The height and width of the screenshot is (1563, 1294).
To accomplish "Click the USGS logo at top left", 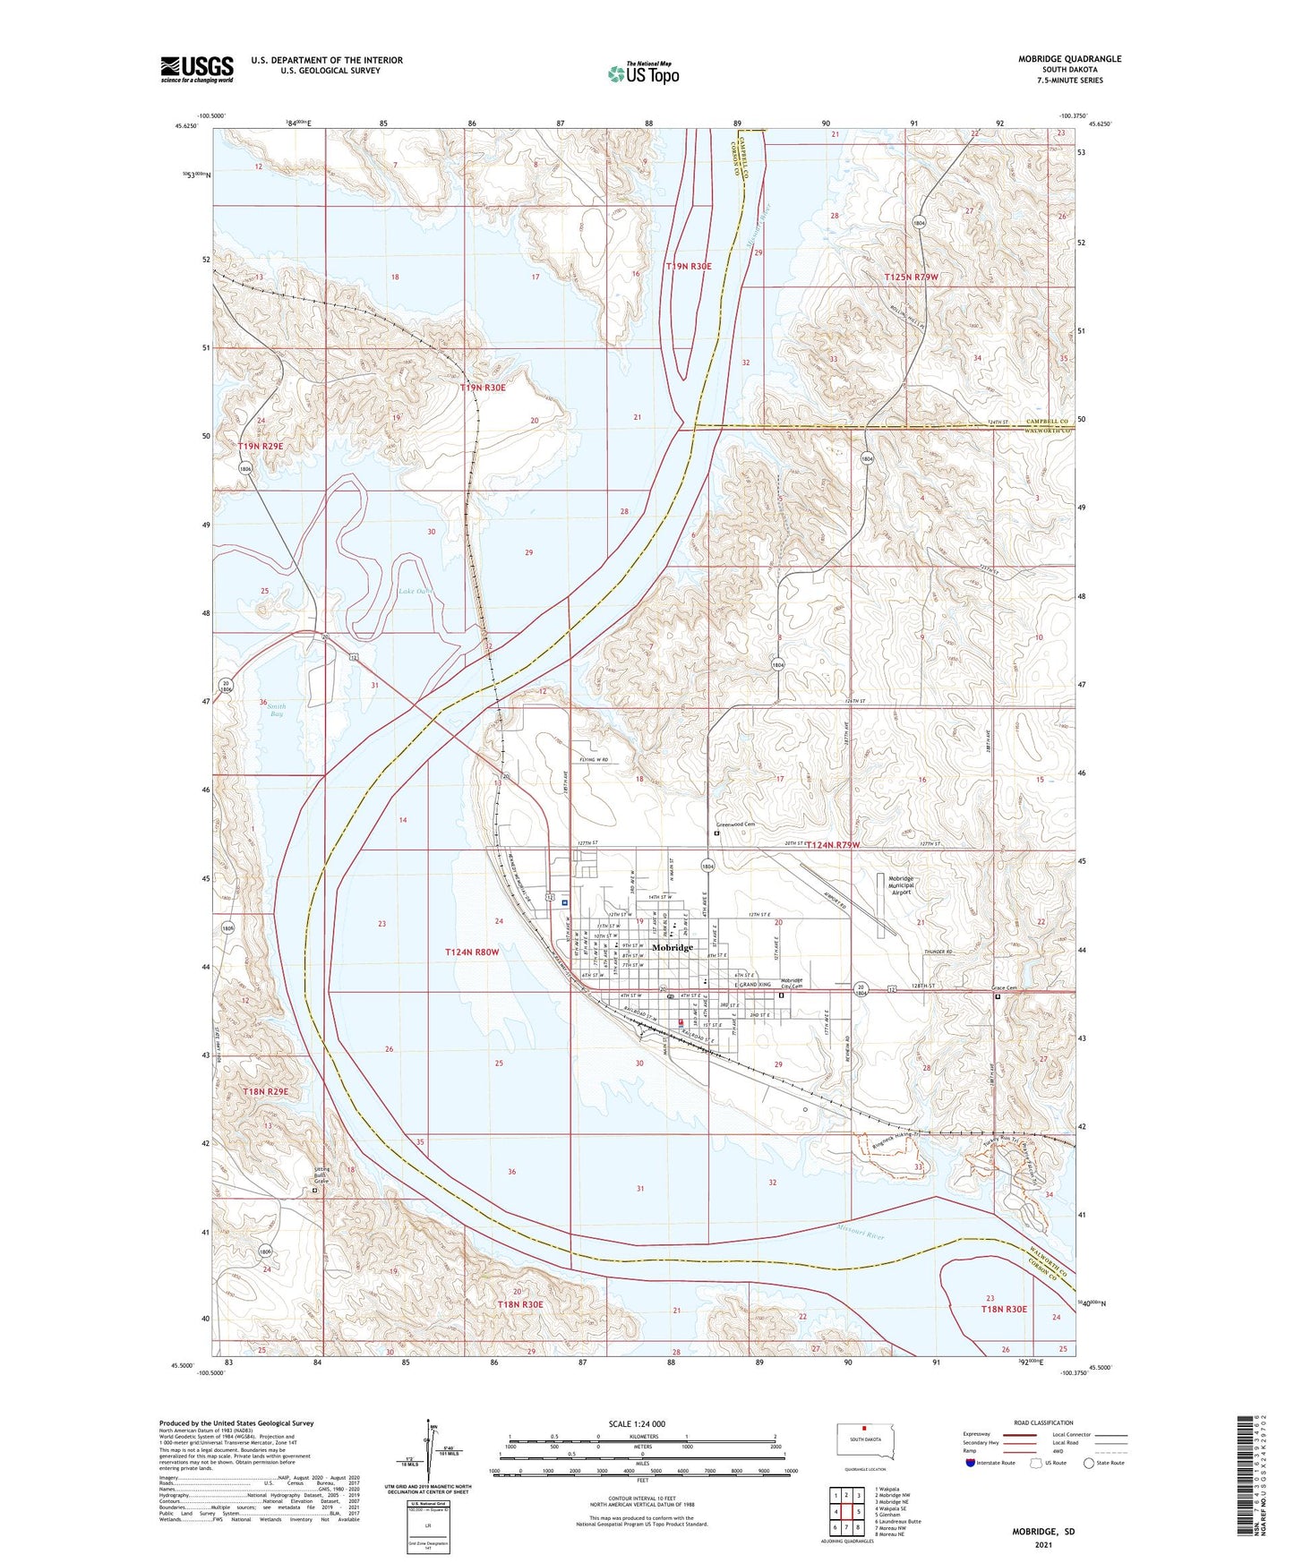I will (x=197, y=69).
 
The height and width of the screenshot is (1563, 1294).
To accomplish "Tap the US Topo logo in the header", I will (x=643, y=73).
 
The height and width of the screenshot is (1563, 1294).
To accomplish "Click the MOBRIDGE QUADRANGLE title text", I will (x=1069, y=59).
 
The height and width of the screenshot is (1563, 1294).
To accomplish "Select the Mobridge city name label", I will (x=672, y=947).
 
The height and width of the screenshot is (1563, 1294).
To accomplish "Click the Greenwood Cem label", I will (x=735, y=824).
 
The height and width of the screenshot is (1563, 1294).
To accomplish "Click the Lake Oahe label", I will (x=416, y=591).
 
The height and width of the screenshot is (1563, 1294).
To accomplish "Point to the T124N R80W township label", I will (x=471, y=952).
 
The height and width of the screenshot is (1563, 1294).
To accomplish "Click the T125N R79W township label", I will (x=910, y=278).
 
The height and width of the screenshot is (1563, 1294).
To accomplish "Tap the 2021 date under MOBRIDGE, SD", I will (x=1043, y=1544).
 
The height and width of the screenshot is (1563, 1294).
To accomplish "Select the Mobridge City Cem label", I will (x=793, y=983).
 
